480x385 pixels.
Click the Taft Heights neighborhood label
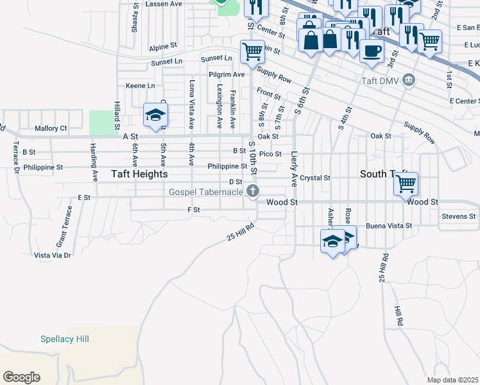(139, 174)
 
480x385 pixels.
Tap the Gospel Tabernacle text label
(205, 192)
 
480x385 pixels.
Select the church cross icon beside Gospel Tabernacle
(253, 191)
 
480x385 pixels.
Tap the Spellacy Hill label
(64, 339)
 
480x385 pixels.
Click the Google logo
(21, 377)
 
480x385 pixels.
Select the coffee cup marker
(371, 51)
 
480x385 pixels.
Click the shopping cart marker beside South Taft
(406, 184)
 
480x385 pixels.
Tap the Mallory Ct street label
(51, 128)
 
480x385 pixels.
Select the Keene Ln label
(140, 85)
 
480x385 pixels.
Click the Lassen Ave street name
(164, 3)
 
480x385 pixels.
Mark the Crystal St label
(314, 178)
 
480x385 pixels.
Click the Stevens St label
(458, 216)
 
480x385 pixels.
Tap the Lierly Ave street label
(295, 169)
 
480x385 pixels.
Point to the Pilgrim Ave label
(227, 74)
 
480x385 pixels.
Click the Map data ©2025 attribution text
(453, 380)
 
